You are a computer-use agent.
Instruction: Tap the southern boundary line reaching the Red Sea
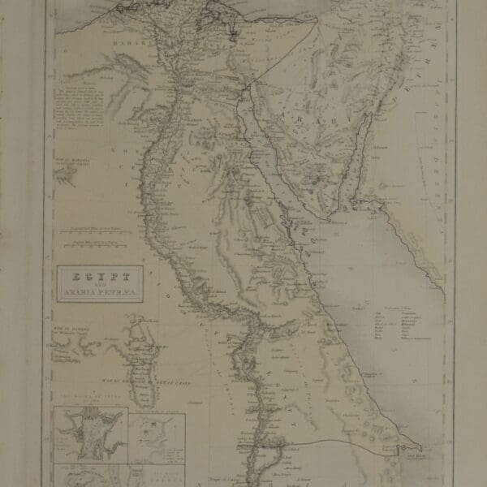coord(341,442)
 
